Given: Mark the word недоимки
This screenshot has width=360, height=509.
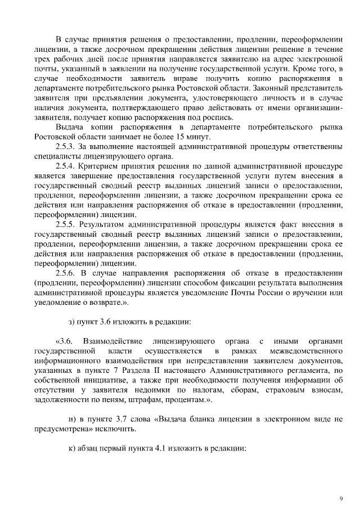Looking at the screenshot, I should pos(156,389).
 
